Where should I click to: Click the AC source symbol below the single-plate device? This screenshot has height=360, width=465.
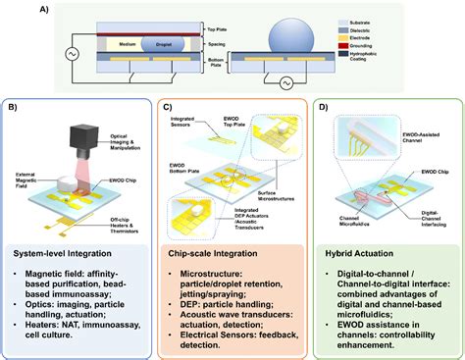tap(287, 84)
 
